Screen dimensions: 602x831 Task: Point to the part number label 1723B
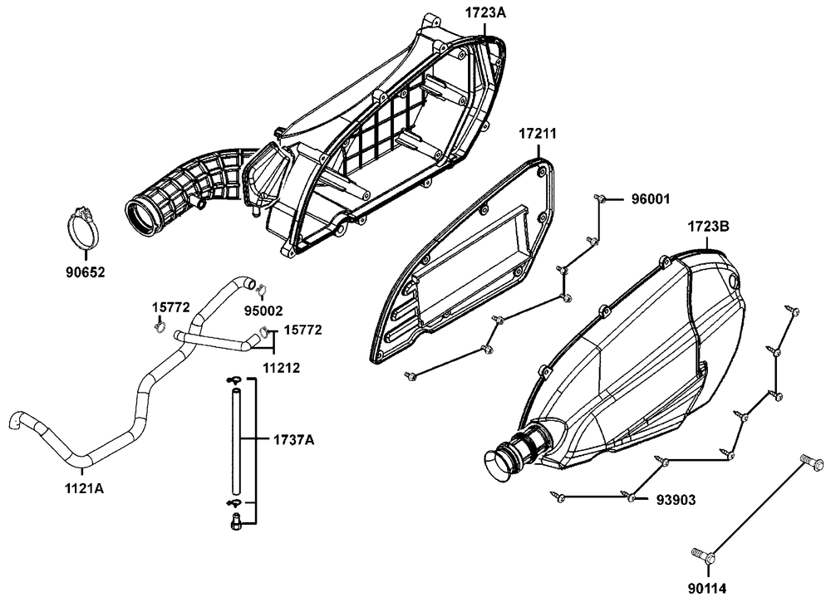pos(709,226)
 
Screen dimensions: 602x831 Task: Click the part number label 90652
pos(86,272)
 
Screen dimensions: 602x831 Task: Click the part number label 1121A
pos(84,488)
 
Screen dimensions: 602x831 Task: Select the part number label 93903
pos(676,500)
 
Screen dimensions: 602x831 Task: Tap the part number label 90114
pos(707,589)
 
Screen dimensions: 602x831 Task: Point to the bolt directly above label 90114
pos(703,555)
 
